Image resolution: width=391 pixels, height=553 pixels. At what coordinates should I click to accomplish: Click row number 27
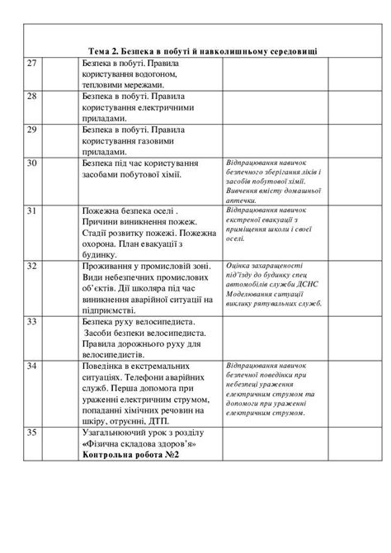32,63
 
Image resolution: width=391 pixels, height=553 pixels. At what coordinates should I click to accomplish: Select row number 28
32,97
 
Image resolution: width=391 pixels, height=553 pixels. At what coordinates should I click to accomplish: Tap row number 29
32,130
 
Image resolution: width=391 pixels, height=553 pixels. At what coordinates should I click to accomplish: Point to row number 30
32,163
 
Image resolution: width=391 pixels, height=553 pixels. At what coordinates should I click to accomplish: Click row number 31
32,212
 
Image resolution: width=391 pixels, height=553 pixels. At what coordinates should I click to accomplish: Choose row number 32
32,267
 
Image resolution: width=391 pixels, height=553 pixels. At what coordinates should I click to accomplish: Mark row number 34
32,364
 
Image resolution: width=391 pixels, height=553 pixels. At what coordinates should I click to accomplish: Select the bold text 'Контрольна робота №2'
131,455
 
